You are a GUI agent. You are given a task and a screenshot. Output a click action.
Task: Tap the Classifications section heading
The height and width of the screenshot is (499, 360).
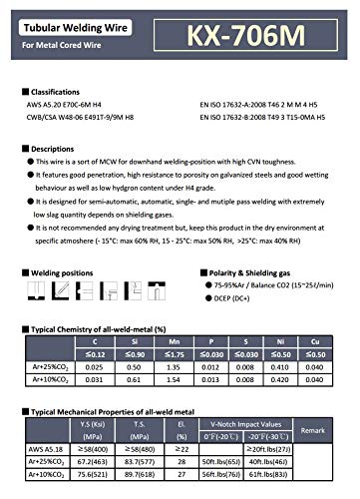[64, 90]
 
